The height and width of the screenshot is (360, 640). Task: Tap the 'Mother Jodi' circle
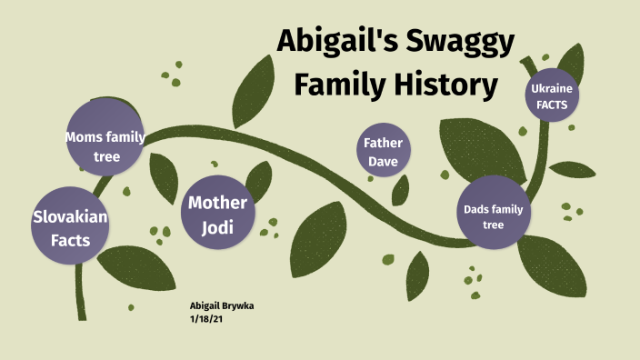coord(217,215)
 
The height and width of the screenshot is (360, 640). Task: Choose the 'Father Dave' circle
coord(384,152)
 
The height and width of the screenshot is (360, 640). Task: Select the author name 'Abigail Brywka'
coord(222,306)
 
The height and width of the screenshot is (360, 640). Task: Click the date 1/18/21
coord(206,319)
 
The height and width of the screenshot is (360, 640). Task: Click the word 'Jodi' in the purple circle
coord(217,227)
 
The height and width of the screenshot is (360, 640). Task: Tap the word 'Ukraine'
coord(552,89)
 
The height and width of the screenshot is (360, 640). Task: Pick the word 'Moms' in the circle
coord(85,137)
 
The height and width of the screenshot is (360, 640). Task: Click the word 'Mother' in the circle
coord(217,202)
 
